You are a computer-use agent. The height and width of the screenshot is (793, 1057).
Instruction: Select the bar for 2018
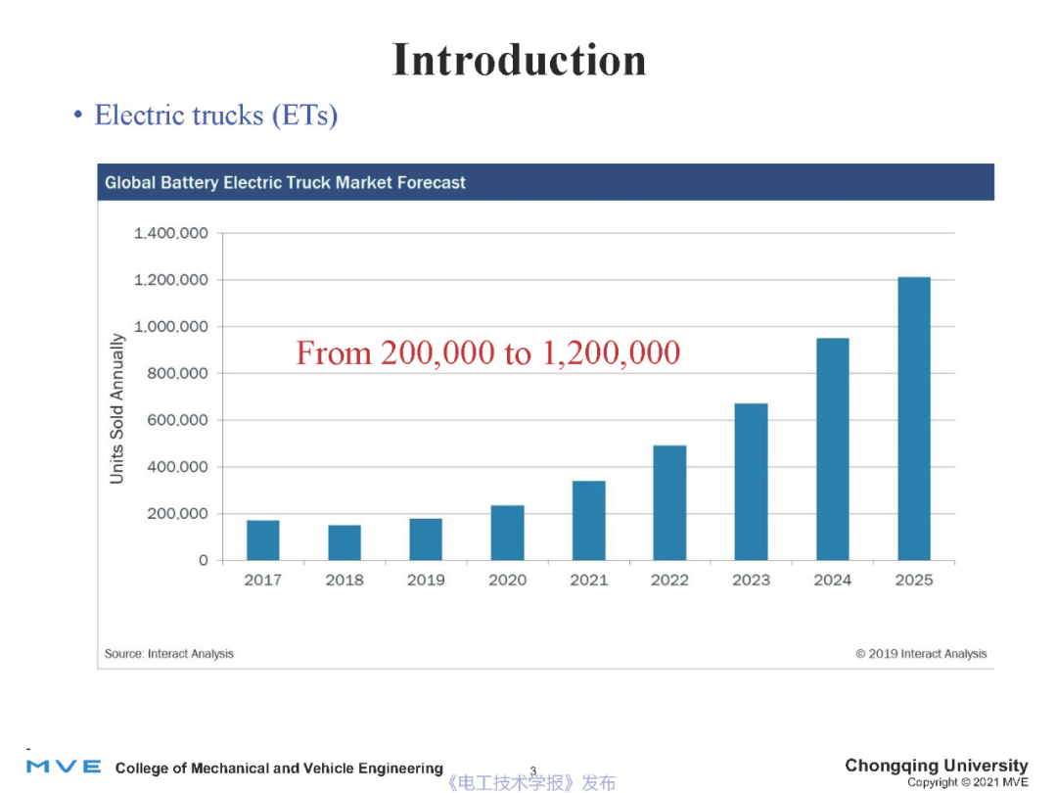(x=345, y=542)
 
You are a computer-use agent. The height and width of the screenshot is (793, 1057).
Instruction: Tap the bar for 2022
(x=669, y=503)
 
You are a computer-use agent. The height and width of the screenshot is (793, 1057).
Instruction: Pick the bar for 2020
(x=507, y=533)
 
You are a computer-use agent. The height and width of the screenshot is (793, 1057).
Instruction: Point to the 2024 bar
(x=833, y=449)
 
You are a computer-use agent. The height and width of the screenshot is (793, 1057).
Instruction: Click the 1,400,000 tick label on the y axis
(x=171, y=233)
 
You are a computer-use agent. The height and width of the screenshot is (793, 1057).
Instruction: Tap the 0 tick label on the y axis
(x=204, y=561)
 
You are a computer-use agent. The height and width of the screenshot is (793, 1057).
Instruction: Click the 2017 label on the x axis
(x=262, y=581)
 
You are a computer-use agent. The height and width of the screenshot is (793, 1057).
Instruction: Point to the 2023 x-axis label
(x=751, y=581)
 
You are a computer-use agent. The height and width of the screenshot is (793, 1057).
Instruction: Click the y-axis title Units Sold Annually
(x=117, y=408)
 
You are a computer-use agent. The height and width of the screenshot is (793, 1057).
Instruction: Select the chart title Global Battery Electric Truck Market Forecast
(x=285, y=183)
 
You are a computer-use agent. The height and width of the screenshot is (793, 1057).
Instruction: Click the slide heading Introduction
(x=519, y=60)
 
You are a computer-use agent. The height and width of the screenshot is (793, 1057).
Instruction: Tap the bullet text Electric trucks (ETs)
(x=215, y=116)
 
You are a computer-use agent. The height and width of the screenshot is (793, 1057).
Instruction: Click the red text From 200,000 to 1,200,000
(x=487, y=352)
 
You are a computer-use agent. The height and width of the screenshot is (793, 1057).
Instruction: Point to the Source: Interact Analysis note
(x=169, y=653)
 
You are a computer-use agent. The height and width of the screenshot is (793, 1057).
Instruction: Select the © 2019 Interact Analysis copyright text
(x=921, y=653)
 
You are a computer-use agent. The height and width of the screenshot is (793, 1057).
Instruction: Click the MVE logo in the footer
(x=64, y=766)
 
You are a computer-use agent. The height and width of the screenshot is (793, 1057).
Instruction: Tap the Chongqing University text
(x=936, y=766)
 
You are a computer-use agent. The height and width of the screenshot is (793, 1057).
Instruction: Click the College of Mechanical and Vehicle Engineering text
(x=279, y=769)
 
